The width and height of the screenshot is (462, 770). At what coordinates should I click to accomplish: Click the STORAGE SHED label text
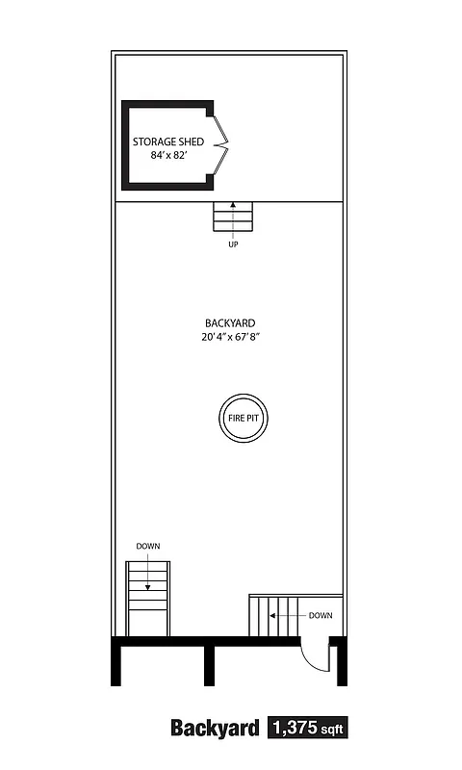point(168,141)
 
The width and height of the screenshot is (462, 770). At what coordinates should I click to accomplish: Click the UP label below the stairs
point(233,244)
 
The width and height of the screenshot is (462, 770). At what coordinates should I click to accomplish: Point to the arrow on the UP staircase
point(233,213)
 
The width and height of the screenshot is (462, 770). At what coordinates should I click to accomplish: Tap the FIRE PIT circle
point(243,418)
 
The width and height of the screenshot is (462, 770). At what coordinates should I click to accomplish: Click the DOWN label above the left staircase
point(147,547)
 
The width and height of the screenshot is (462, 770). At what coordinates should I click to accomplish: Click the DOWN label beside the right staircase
point(321,615)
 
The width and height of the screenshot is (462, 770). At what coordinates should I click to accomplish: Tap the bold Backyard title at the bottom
point(215,728)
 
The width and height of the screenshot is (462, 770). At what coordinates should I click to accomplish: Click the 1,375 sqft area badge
point(306,728)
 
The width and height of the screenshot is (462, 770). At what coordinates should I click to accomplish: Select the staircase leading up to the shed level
point(233,218)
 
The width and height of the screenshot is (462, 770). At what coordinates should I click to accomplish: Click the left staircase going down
point(147,599)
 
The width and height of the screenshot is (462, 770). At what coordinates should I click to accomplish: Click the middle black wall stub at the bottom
point(209,664)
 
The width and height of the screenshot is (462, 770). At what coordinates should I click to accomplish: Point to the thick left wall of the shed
point(125,146)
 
